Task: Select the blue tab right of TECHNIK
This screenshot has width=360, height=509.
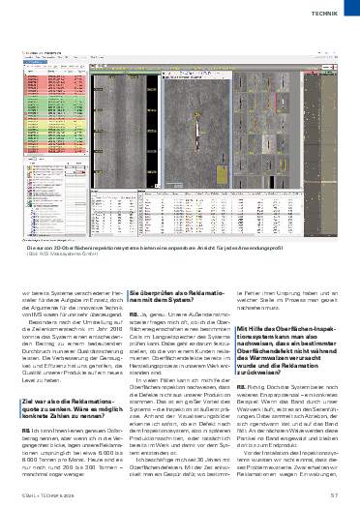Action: [353, 15]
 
